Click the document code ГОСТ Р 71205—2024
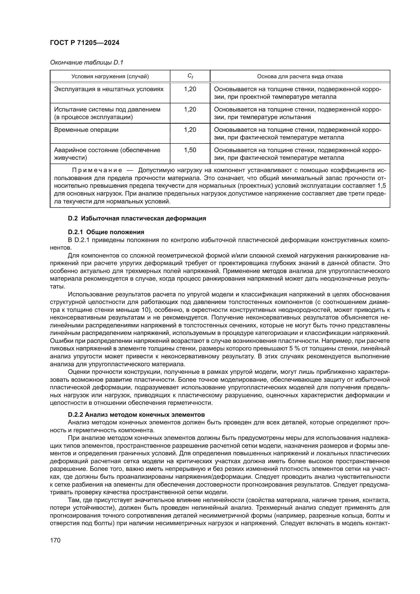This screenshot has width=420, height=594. tap(85, 43)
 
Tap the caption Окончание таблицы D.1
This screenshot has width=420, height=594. tap(87, 62)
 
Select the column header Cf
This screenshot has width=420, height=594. tap(190, 76)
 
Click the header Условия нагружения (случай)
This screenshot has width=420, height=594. tap(110, 76)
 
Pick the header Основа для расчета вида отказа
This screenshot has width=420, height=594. tap(300, 76)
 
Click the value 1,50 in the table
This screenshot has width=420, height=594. tap(190, 150)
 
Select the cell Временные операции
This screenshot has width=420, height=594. tap(86, 130)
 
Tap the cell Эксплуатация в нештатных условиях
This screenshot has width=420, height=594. tap(109, 89)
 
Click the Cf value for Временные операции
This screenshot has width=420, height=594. tap(190, 130)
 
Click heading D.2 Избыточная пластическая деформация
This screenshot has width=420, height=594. tap(137, 218)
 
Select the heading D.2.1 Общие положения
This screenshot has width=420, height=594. tap(106, 232)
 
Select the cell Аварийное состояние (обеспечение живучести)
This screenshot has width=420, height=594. tap(107, 154)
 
